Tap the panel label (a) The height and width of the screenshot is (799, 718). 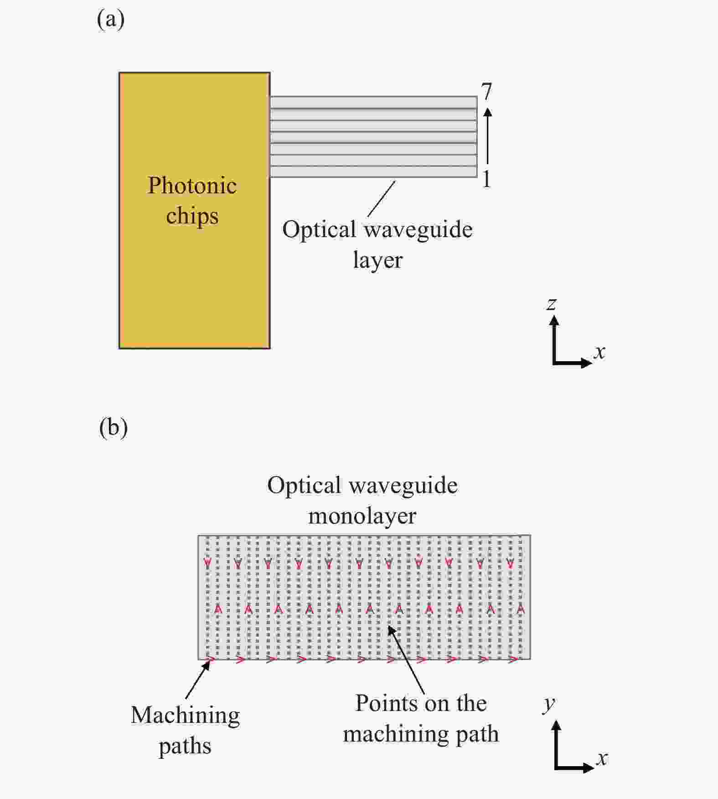[110, 20]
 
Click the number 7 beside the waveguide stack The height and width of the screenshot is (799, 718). [487, 92]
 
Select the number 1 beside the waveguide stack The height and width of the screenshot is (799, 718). [486, 179]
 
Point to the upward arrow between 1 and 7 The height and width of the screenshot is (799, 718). [487, 135]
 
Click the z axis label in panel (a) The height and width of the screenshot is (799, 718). [552, 304]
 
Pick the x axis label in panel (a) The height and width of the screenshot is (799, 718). [599, 352]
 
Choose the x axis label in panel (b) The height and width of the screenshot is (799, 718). [602, 758]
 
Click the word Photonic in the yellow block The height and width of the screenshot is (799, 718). [192, 186]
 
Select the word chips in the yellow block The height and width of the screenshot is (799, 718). [192, 216]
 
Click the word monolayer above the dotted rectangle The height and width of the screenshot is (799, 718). [362, 516]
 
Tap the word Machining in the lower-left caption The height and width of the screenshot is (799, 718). [186, 716]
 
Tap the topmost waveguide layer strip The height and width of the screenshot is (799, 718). [373, 102]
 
